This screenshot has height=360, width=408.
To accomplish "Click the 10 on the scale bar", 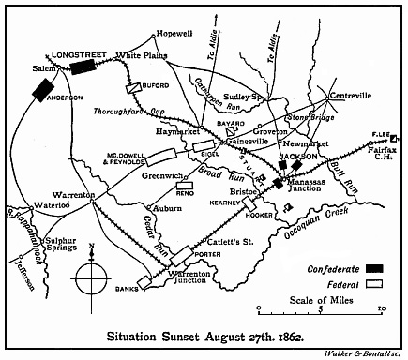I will click(x=381, y=307).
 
